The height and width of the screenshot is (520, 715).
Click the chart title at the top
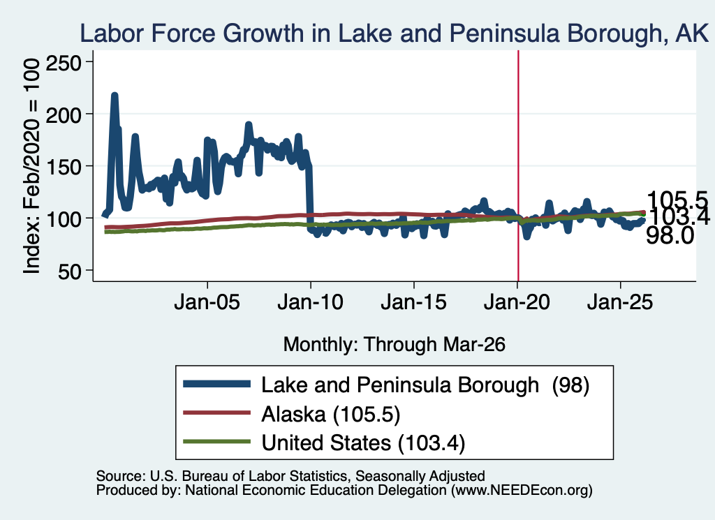(x=395, y=34)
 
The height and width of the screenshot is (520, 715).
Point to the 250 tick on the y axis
(x=64, y=61)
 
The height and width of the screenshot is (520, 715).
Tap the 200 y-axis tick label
(x=64, y=114)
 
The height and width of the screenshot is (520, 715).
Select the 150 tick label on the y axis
(x=64, y=166)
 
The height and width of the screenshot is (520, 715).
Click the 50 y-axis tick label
(x=69, y=271)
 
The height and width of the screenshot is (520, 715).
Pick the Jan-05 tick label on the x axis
(x=207, y=302)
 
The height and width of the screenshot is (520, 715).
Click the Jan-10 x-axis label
(x=311, y=302)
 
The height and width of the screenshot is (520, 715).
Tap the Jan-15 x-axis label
(x=413, y=302)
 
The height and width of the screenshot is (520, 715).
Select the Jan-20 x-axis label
(x=517, y=302)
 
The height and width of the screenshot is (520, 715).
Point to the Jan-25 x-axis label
(x=620, y=302)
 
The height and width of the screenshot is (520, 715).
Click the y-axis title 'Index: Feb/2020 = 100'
(x=31, y=166)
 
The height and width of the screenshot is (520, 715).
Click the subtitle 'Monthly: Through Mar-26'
(x=395, y=344)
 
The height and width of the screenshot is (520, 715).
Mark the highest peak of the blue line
(x=115, y=95)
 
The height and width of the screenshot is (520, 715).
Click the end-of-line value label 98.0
(x=670, y=236)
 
